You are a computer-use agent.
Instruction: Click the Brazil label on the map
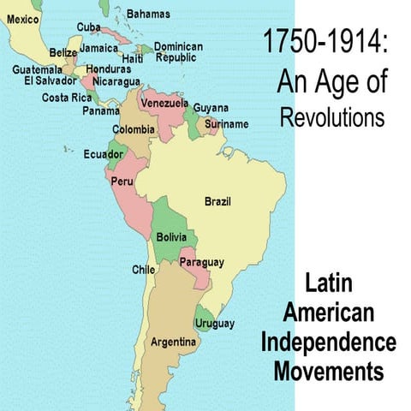click(217, 202)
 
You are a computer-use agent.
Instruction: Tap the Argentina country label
click(174, 342)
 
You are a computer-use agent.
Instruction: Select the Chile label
click(143, 269)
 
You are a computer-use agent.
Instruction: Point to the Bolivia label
click(173, 236)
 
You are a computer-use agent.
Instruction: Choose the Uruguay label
click(214, 323)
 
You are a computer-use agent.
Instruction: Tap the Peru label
click(122, 182)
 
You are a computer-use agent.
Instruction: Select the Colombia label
click(134, 130)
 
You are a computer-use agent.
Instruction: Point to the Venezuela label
click(164, 103)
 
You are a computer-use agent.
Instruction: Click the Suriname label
click(227, 124)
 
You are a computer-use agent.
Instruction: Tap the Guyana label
click(211, 108)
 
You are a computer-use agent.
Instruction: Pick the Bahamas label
click(148, 14)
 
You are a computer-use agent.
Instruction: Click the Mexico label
click(23, 19)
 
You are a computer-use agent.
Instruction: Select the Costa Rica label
click(67, 98)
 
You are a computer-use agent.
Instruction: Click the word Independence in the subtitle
click(330, 342)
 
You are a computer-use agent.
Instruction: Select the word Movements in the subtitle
click(329, 372)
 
